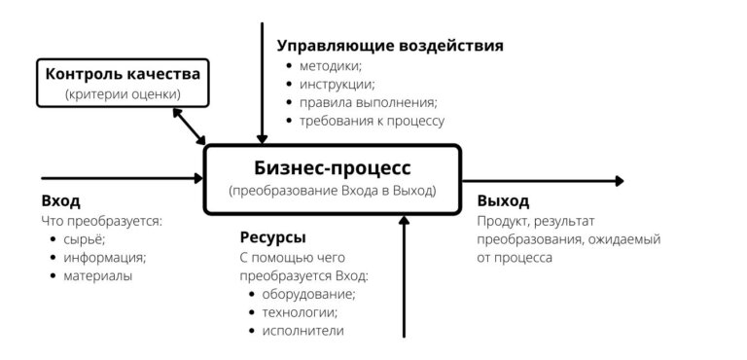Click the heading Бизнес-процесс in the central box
(332, 167)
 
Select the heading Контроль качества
(123, 74)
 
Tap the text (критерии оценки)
(123, 94)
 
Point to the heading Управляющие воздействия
(390, 46)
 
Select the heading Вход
(60, 201)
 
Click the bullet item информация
(104, 258)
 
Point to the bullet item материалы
(98, 275)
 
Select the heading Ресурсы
(273, 237)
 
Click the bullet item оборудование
(308, 294)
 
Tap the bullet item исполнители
(302, 331)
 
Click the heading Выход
(503, 201)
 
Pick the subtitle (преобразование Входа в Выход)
(332, 192)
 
